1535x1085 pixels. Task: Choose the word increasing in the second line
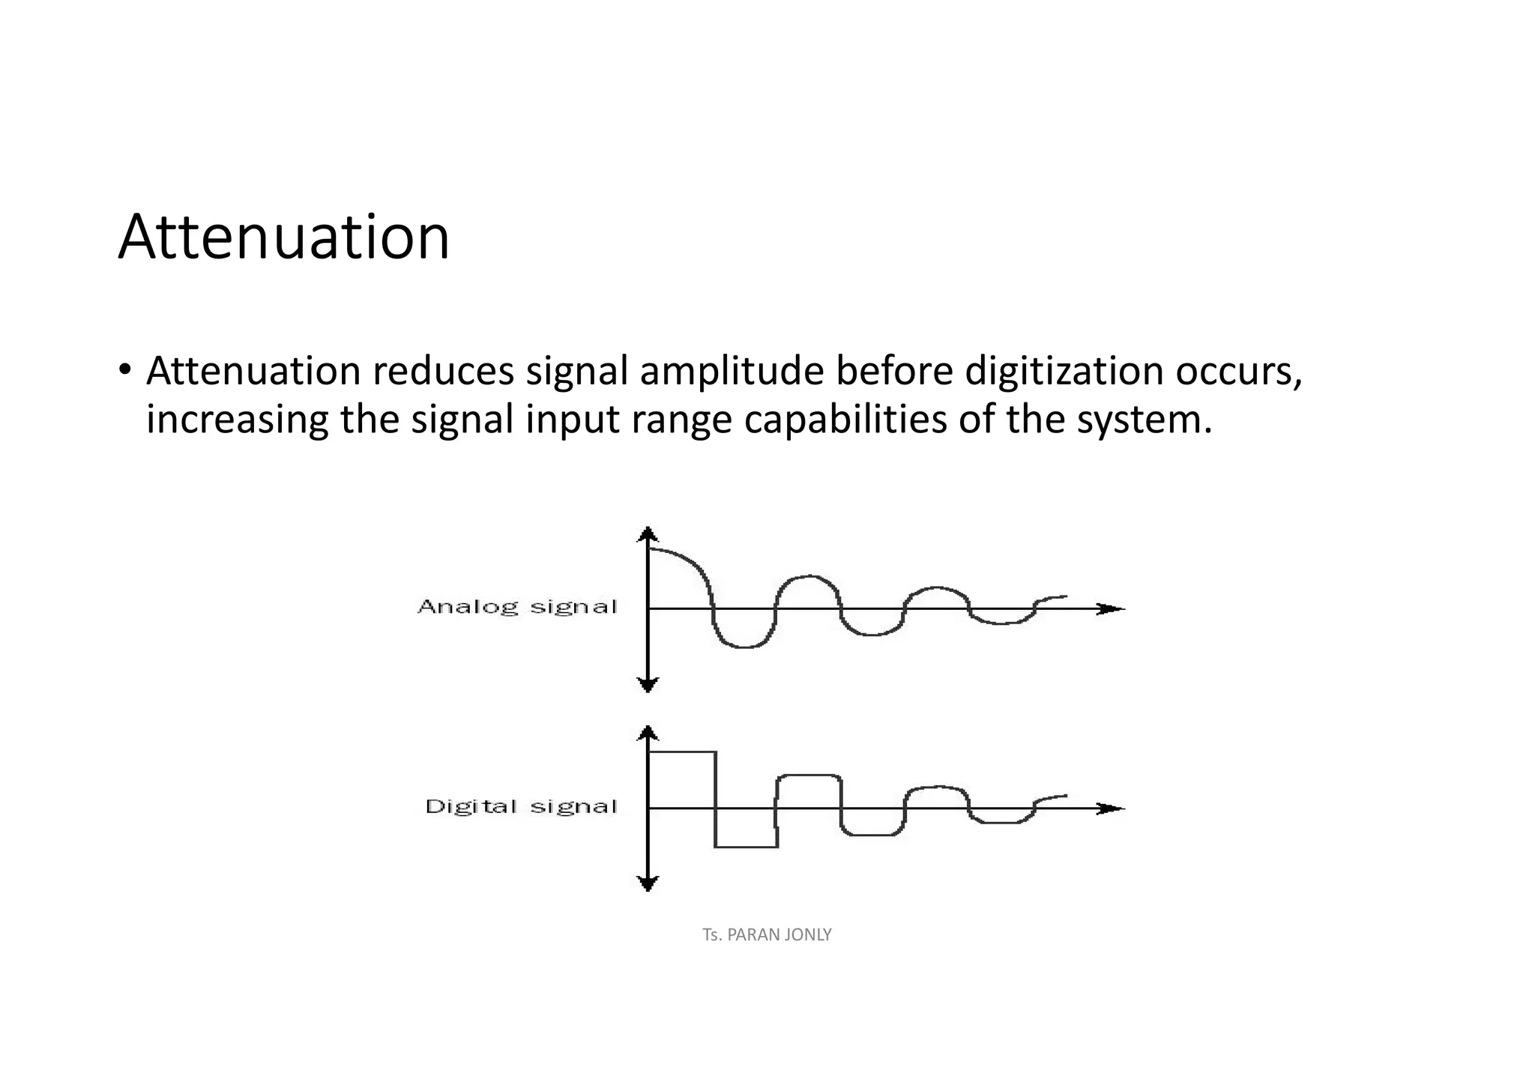[x=237, y=420]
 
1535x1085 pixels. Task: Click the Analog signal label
[x=517, y=606]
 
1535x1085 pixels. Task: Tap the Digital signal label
[x=521, y=806]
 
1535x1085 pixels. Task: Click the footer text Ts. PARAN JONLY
[x=767, y=934]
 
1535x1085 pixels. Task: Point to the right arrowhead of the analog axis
[x=1113, y=608]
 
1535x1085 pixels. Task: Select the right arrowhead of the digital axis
[x=1113, y=809]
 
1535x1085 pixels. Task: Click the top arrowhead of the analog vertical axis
[x=648, y=534]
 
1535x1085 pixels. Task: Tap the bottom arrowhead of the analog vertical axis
[x=648, y=685]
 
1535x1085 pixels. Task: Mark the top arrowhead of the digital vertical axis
[x=648, y=732]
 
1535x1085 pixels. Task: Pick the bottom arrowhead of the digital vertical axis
[x=648, y=884]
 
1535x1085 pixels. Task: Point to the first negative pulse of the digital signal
[x=747, y=846]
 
